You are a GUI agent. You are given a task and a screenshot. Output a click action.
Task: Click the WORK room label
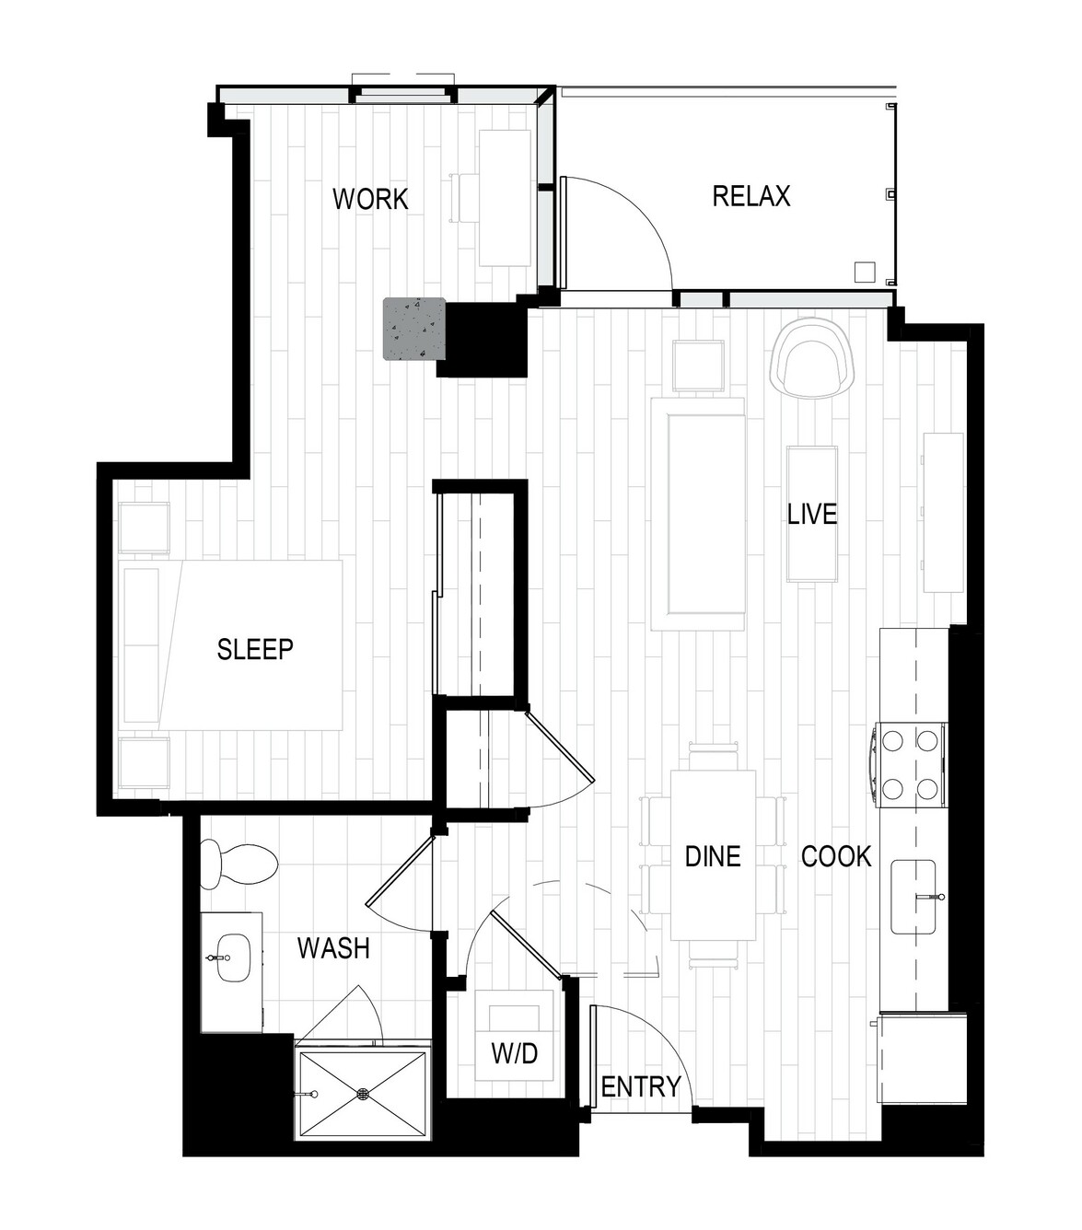point(370,199)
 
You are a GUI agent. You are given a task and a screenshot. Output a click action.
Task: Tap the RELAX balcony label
point(751,196)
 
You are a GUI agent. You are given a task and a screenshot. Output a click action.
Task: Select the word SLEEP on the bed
point(255,649)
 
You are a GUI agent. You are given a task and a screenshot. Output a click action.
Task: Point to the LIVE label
point(812,515)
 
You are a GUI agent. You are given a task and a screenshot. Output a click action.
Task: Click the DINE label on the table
point(713,856)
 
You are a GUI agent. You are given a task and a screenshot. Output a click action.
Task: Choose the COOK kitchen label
point(836,856)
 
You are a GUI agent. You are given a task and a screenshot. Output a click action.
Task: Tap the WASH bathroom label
point(333,947)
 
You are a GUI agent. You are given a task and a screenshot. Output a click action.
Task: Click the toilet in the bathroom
point(239,864)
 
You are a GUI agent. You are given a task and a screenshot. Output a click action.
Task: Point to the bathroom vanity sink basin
point(233,958)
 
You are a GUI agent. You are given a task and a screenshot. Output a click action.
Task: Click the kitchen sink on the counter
point(913,896)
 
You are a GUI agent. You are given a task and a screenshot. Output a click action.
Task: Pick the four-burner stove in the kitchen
point(910,765)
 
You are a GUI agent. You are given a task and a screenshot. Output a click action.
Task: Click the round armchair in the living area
point(812,360)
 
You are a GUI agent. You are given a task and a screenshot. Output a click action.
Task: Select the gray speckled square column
point(413,329)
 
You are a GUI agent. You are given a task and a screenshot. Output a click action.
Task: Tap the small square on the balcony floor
point(865,272)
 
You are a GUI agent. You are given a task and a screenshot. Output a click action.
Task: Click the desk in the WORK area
point(505,197)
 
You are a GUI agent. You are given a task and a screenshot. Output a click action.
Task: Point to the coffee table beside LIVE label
point(812,514)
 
